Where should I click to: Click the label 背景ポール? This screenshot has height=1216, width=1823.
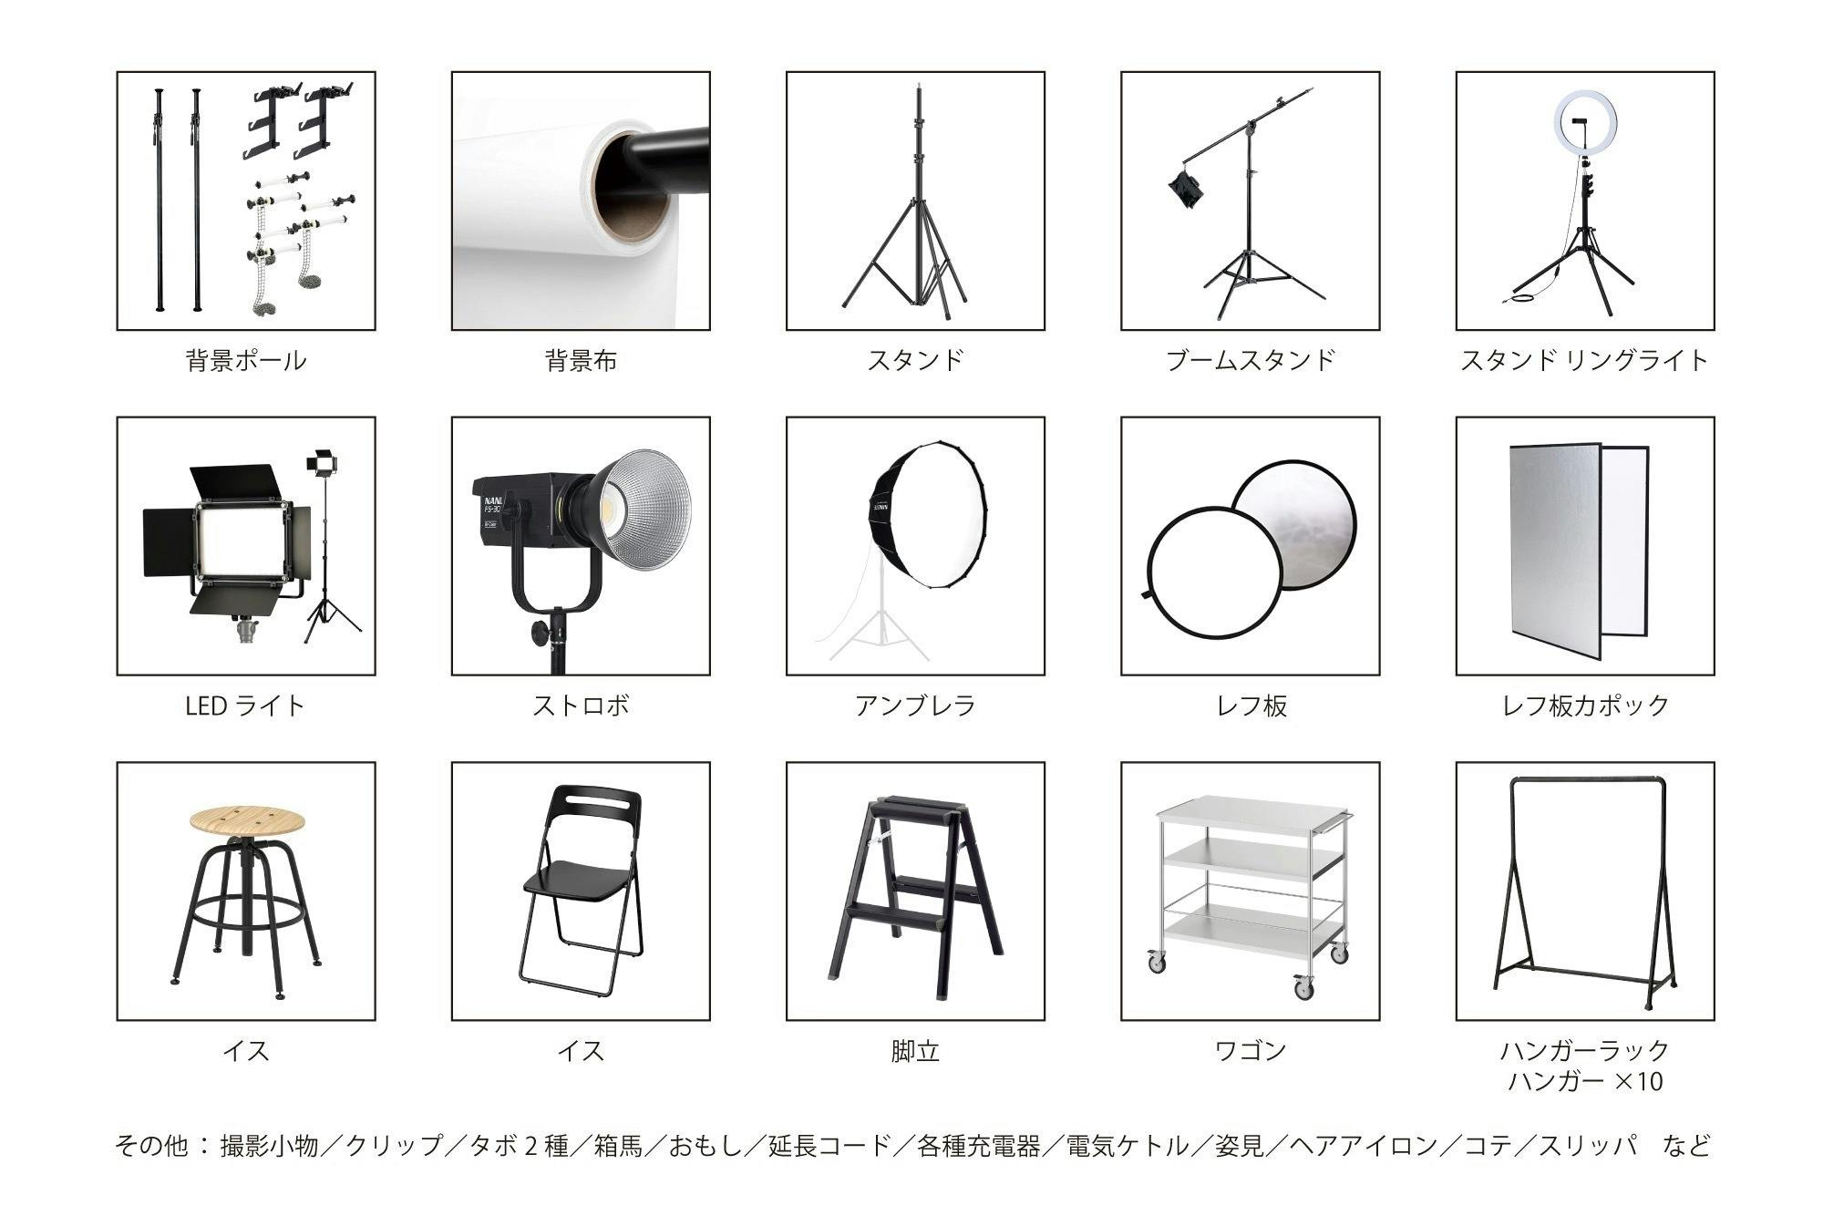click(x=246, y=360)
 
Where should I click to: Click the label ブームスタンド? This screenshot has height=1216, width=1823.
click(x=1250, y=360)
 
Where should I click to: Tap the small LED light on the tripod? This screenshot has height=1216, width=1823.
click(x=320, y=462)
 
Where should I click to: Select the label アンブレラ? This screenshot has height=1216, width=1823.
click(x=915, y=706)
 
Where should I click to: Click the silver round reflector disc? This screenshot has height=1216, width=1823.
click(x=1294, y=524)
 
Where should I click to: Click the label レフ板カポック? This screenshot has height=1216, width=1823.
click(x=1584, y=706)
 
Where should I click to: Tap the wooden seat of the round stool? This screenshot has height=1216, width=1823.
click(x=246, y=819)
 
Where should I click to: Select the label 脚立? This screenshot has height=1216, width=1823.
click(x=915, y=1051)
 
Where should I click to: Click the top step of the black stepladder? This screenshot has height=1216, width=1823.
click(x=919, y=806)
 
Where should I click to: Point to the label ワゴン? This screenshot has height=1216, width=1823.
click(x=1250, y=1051)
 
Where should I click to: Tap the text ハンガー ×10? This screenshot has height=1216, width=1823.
click(x=1585, y=1082)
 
